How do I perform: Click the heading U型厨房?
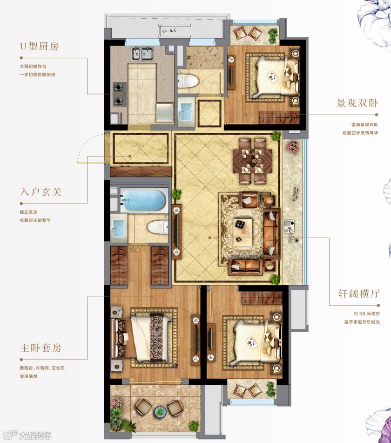click(x=40, y=46)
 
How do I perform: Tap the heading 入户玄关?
click(x=41, y=192)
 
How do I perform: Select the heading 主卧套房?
click(x=41, y=348)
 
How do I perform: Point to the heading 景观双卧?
click(x=357, y=103)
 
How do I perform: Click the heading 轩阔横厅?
click(x=359, y=294)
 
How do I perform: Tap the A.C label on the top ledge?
click(x=173, y=30)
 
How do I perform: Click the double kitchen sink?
click(x=142, y=54)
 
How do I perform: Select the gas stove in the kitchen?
click(x=119, y=94)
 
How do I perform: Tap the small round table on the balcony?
click(x=160, y=411)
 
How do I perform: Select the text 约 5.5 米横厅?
click(x=367, y=314)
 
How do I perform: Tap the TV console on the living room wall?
click(x=176, y=232)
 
